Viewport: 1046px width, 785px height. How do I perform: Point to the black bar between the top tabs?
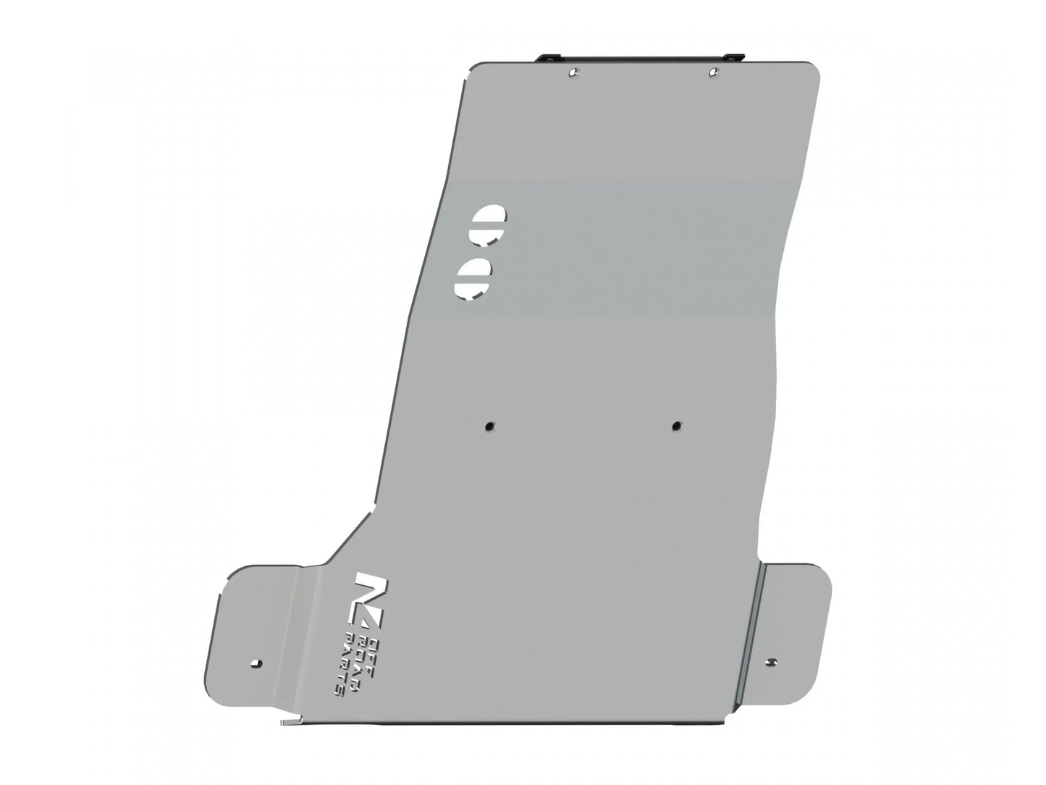click(641, 57)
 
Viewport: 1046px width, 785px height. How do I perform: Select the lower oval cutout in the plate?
click(473, 277)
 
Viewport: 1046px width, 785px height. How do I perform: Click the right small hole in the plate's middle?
click(676, 426)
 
